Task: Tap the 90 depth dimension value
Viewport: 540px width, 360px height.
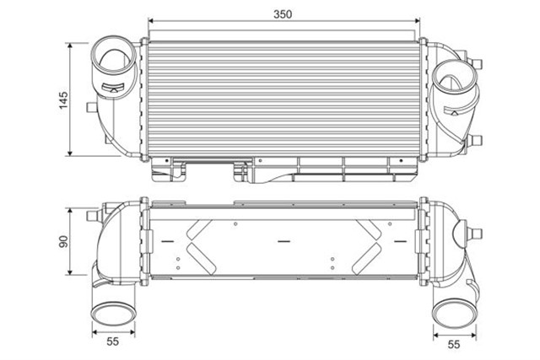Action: point(62,241)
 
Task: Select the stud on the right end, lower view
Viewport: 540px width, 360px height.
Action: point(469,225)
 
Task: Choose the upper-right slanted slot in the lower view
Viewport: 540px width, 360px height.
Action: point(371,228)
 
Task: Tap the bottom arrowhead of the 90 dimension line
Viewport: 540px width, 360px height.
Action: point(70,271)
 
